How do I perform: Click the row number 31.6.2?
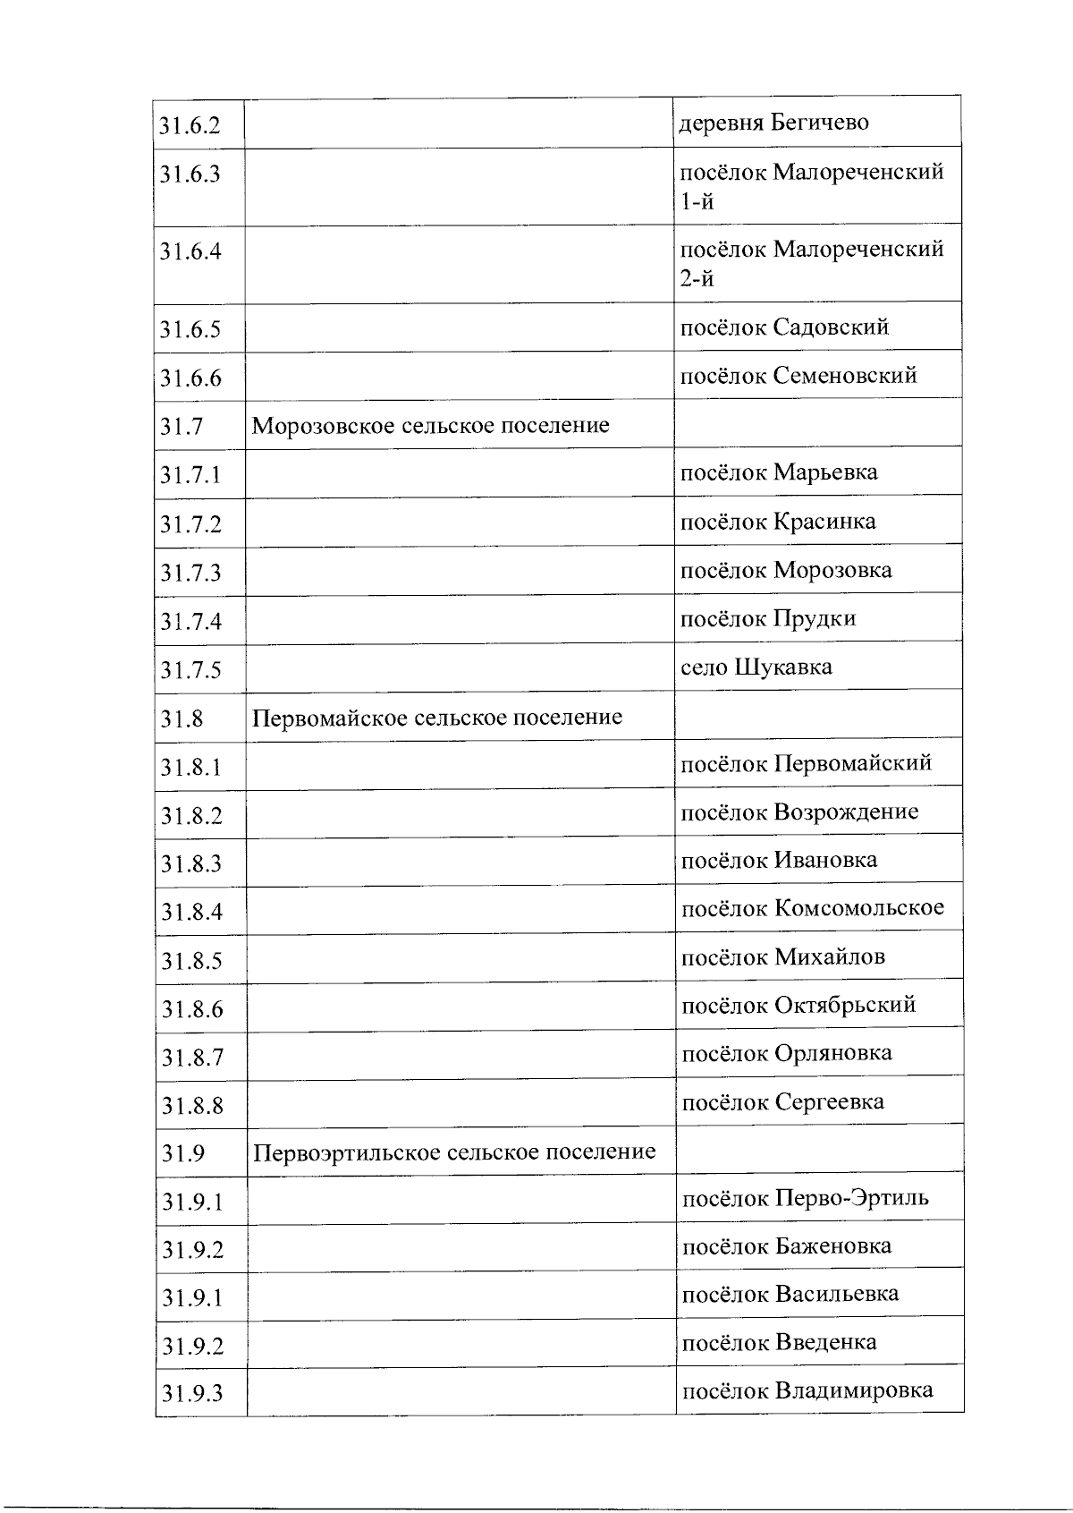pos(190,124)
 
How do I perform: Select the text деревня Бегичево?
pos(774,122)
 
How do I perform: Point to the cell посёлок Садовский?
pos(784,327)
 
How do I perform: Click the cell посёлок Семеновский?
pos(798,375)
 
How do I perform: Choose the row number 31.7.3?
pos(190,573)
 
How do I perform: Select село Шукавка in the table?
pos(756,667)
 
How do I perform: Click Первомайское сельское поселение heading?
pos(437,718)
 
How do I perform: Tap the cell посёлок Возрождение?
pos(799,812)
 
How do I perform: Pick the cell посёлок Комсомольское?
pos(812,908)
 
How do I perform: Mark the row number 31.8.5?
pos(191,961)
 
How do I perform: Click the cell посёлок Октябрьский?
pos(798,1005)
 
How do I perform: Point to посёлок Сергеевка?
pos(782,1101)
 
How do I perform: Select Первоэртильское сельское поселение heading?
pos(454,1152)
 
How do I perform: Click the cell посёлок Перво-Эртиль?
pos(805,1198)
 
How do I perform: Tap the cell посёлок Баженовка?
pos(786,1246)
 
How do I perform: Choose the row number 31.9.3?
pos(192,1393)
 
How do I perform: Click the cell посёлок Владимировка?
pos(807,1390)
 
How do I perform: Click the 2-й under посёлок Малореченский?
pos(697,279)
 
